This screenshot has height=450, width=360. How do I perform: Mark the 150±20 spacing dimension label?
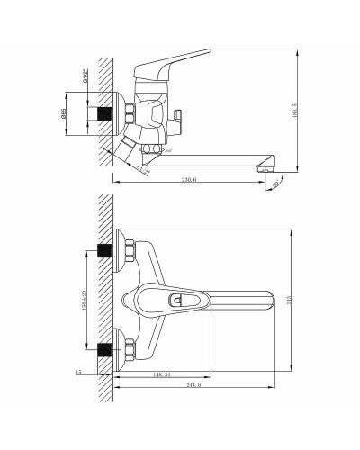point(83,298)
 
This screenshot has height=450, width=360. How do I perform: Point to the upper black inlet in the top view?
point(106,251)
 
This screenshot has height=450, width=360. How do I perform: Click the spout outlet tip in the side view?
point(264,166)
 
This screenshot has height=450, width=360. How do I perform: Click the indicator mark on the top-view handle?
point(180,298)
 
